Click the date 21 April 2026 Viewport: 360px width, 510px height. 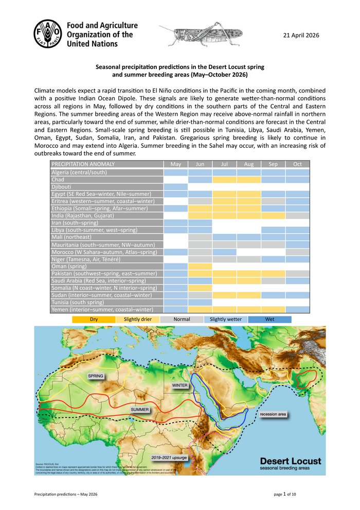tap(301, 36)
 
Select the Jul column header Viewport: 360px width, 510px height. tap(224, 164)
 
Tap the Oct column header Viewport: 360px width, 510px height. tap(298, 164)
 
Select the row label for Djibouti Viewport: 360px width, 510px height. tap(61, 187)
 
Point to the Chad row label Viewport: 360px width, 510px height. tap(58, 180)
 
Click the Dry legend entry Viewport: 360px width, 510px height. tap(94, 319)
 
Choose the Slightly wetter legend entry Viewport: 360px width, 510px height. tap(226, 319)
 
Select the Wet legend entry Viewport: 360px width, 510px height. tap(269, 319)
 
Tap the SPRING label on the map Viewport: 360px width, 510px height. tap(96, 376)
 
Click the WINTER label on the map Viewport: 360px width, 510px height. tap(179, 385)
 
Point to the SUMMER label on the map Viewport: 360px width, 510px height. tap(139, 410)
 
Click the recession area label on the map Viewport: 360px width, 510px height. tap(273, 414)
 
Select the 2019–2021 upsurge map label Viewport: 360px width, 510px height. tap(169, 457)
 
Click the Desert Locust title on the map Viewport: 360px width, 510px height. tap(290, 461)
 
